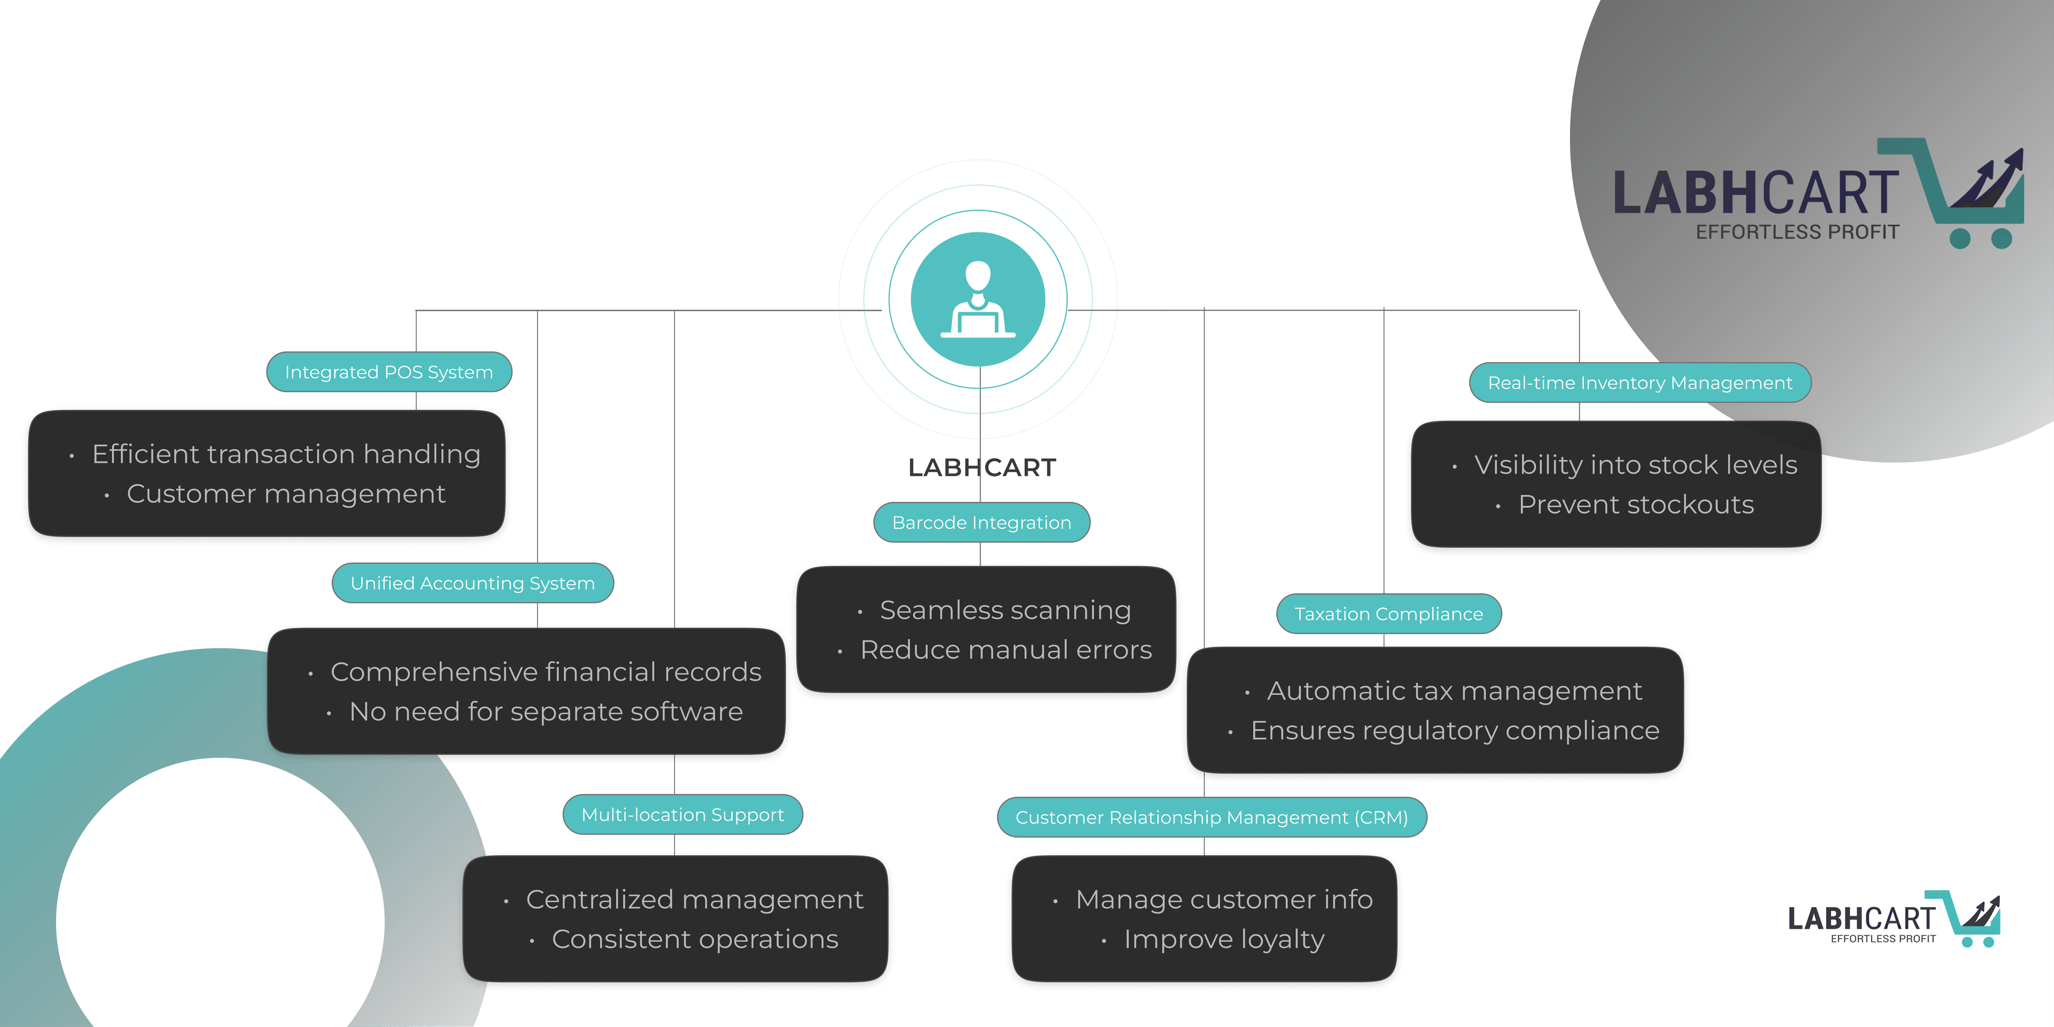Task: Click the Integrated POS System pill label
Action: click(388, 372)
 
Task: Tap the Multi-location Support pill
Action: click(683, 815)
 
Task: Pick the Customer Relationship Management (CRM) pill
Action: click(1211, 817)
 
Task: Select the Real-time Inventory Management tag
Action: click(1639, 384)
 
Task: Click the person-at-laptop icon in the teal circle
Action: click(978, 300)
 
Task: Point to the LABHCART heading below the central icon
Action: click(982, 468)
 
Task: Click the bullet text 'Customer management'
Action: click(286, 494)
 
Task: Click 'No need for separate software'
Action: click(546, 712)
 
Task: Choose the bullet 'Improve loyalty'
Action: click(1223, 939)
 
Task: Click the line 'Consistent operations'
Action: click(694, 939)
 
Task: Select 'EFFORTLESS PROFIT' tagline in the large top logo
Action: click(1797, 232)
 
